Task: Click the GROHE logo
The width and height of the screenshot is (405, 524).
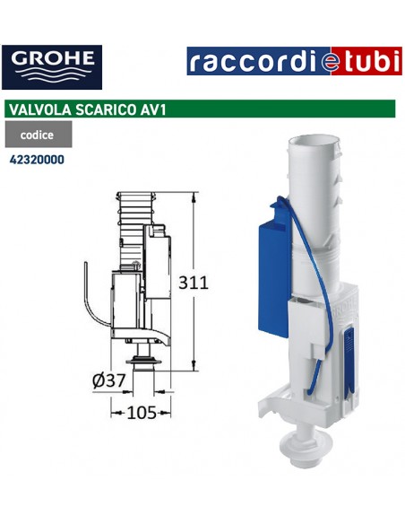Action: click(x=52, y=64)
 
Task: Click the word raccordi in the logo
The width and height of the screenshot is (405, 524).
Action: click(x=244, y=62)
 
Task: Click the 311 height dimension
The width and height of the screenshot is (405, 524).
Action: click(x=194, y=282)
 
